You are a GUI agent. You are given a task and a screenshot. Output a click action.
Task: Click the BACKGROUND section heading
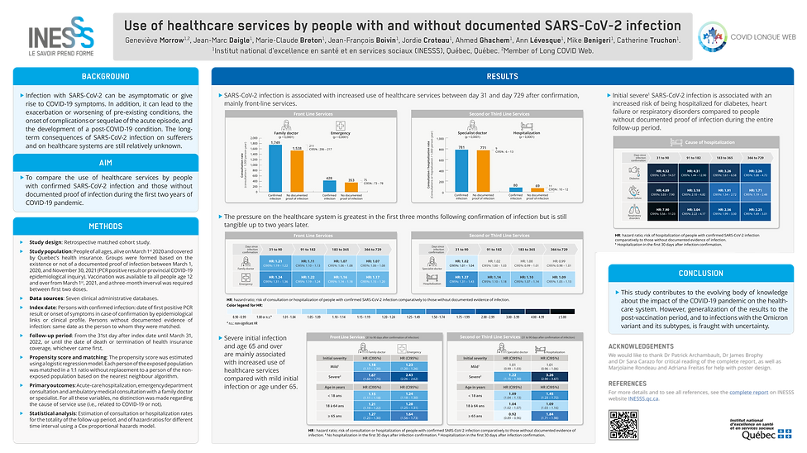click(x=105, y=77)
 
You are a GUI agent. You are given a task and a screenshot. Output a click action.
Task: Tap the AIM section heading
click(x=105, y=164)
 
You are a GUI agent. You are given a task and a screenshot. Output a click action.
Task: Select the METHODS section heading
click(x=105, y=226)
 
